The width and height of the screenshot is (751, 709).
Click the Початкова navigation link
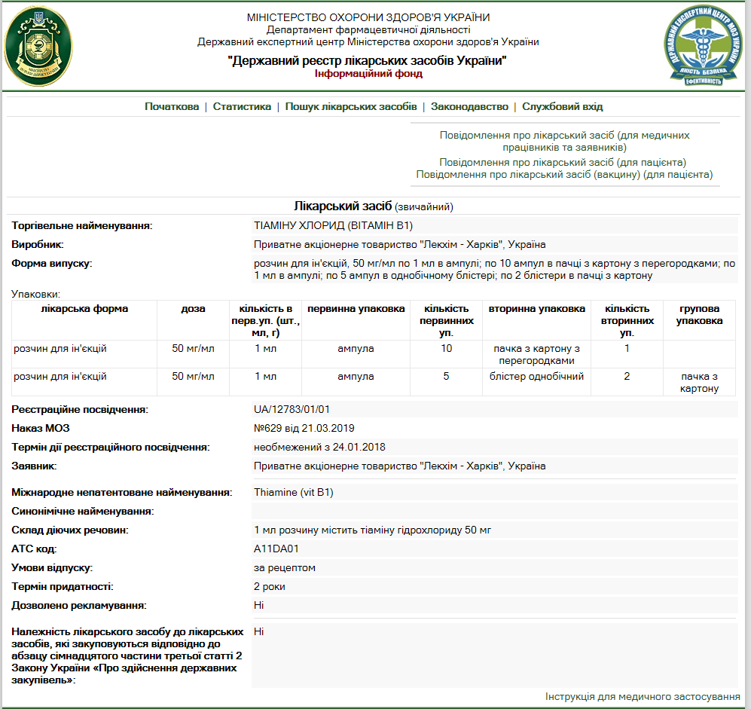172,107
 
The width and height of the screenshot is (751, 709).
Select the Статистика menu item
242,107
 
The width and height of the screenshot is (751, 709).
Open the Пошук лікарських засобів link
350,107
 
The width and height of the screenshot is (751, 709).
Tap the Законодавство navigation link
469,107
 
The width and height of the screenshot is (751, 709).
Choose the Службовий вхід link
562,107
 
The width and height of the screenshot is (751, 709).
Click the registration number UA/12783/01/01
292,410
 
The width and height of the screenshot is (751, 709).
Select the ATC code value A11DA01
276,549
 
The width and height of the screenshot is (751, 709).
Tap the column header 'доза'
193,309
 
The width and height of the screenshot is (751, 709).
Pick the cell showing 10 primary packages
447,349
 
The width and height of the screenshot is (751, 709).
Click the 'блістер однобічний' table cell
536,377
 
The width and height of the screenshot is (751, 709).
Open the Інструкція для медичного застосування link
643,697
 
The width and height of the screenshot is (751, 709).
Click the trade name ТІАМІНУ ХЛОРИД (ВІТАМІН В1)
334,225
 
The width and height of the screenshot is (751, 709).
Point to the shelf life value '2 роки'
270,586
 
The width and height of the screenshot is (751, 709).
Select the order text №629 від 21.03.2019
305,429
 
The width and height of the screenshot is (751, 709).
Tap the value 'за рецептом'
285,567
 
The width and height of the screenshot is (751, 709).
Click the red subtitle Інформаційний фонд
368,74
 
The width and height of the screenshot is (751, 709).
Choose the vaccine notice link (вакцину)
564,175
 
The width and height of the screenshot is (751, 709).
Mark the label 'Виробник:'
38,245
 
